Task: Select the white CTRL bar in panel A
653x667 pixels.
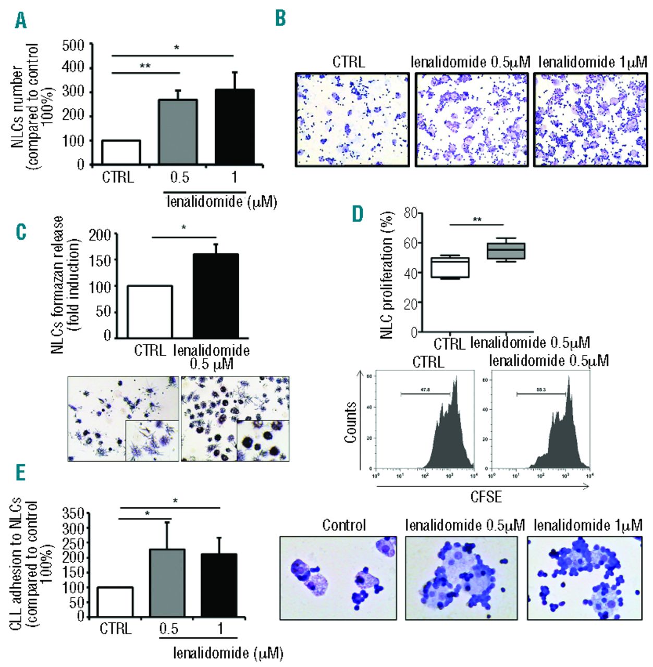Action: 121,152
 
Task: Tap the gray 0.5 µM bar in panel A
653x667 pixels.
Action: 178,132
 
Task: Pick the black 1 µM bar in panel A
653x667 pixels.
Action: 235,127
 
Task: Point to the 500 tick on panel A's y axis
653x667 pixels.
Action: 73,45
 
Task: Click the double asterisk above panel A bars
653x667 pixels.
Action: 145,66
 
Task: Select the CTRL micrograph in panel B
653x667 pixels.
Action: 352,119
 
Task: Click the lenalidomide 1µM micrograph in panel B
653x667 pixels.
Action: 590,119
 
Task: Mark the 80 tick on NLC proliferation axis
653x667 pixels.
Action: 410,213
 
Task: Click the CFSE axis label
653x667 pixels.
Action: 486,497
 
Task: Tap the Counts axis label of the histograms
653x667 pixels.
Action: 350,422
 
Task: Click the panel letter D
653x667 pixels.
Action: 358,213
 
